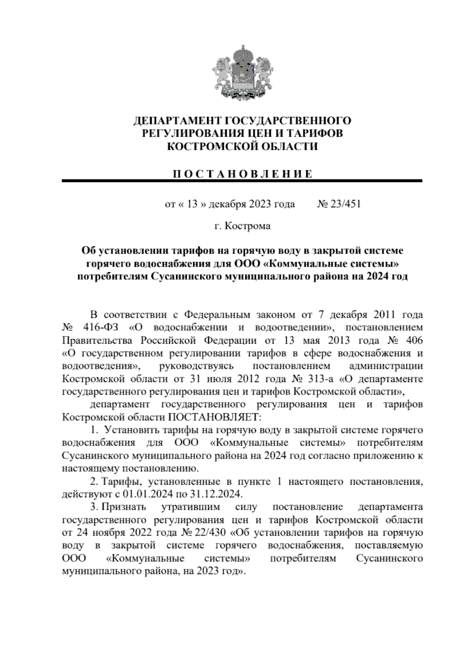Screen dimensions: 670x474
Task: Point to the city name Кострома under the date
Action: pyautogui.click(x=248, y=226)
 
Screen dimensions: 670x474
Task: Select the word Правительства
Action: pyautogui.click(x=94, y=340)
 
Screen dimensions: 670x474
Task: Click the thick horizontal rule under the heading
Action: pyautogui.click(x=242, y=181)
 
